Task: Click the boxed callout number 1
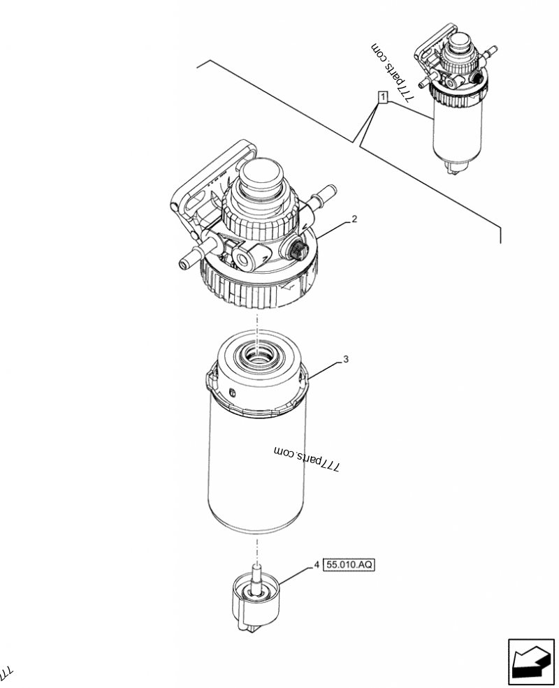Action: click(382, 97)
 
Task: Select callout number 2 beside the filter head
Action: click(354, 219)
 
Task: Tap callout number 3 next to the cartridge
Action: click(345, 359)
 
